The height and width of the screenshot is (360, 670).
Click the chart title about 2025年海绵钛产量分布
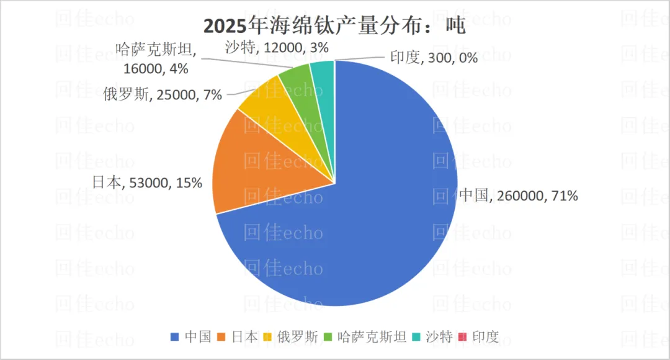click(x=334, y=26)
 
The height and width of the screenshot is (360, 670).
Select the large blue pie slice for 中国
click(x=372, y=217)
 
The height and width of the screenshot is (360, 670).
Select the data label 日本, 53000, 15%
click(x=147, y=182)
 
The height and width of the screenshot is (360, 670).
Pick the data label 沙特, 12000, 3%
click(x=277, y=47)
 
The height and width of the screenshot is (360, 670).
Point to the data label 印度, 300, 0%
click(x=434, y=58)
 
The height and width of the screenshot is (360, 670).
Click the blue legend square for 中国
click(x=174, y=337)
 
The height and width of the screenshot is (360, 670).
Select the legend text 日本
click(x=244, y=337)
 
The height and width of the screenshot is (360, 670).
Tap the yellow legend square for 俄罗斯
click(x=267, y=337)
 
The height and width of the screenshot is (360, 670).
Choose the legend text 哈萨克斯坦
click(x=372, y=337)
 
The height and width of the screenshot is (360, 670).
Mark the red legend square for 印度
click(x=462, y=337)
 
